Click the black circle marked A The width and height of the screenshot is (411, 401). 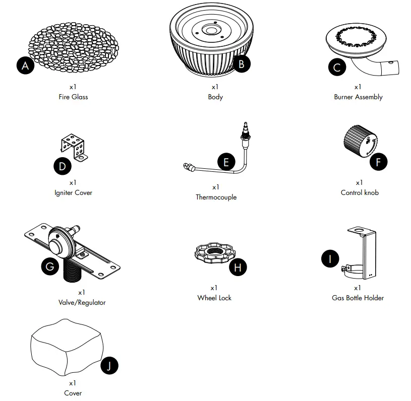point(25,65)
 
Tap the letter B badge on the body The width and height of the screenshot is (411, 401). point(242,63)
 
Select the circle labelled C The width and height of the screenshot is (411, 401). point(337,68)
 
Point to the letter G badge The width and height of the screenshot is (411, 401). point(49,266)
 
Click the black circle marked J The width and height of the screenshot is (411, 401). point(109,366)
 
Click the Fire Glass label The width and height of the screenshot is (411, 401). point(73,97)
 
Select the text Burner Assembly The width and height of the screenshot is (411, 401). point(358,97)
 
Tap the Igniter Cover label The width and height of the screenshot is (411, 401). point(73,192)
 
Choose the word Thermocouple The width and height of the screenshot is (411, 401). point(216,197)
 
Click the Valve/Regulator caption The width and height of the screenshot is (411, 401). point(82,302)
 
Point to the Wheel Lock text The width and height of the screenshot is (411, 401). point(214,298)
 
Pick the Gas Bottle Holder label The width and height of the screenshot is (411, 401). point(358,298)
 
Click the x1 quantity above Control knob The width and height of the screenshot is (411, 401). point(359,182)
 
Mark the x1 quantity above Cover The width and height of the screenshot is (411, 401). point(73,383)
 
